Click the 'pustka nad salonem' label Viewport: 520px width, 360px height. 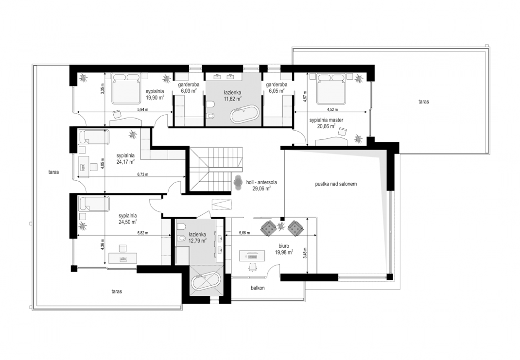(x=336, y=184)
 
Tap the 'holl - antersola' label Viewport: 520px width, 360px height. (x=261, y=183)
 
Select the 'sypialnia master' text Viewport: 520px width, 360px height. (x=326, y=120)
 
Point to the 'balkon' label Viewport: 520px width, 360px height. (x=258, y=288)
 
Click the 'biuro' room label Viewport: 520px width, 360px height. (x=284, y=246)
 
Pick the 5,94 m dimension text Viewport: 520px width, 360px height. (x=143, y=109)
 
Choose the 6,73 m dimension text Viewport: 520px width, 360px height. (x=143, y=174)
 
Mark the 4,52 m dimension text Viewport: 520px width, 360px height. (x=332, y=109)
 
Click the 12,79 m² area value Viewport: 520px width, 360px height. (x=197, y=241)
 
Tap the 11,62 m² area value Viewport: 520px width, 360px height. (x=232, y=99)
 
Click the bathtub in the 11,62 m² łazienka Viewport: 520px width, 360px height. (x=244, y=114)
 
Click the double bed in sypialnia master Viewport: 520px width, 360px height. (x=331, y=89)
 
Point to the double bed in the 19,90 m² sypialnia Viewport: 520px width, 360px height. (x=126, y=88)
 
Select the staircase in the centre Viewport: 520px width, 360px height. (x=216, y=169)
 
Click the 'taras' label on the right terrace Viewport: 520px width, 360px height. (x=424, y=102)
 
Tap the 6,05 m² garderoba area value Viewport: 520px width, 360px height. (x=277, y=91)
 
